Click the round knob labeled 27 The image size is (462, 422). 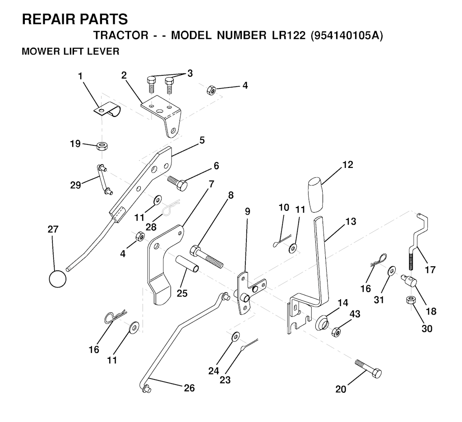tap(57, 278)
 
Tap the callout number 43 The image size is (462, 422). tap(355, 314)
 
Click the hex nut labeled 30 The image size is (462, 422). tap(410, 301)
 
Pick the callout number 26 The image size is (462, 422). tap(189, 388)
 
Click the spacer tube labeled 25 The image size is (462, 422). tap(187, 264)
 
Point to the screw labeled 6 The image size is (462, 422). tap(178, 182)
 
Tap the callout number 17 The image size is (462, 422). tap(430, 270)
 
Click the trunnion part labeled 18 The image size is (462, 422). tap(410, 282)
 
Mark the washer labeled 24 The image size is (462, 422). tap(236, 336)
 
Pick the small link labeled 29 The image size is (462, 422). tap(103, 179)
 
